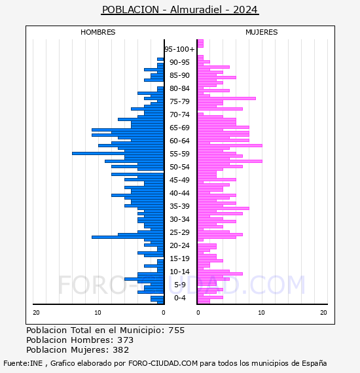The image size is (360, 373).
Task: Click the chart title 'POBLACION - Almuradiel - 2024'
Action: [179, 10]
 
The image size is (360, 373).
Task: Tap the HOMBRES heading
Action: [98, 32]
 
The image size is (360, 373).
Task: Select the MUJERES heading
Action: [262, 32]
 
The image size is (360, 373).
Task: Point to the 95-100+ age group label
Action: [179, 49]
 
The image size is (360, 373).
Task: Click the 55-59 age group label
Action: [179, 154]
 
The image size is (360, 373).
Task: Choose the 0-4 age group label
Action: [179, 298]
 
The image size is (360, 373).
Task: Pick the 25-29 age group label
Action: [179, 232]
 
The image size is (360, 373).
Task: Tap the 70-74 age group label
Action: [179, 115]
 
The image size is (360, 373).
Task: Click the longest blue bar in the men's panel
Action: [118, 153]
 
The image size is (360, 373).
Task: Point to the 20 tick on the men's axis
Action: [36, 313]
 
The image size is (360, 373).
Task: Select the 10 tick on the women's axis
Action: [261, 313]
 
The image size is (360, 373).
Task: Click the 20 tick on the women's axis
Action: [323, 313]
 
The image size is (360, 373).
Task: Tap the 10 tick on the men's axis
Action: [98, 313]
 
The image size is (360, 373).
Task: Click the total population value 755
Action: [176, 330]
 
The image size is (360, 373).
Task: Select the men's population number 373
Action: [126, 340]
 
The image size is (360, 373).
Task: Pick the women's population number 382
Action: [121, 350]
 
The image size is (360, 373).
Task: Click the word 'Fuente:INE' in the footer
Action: [23, 363]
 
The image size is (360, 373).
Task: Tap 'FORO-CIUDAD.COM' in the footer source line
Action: [163, 363]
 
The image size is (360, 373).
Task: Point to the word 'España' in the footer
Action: [314, 364]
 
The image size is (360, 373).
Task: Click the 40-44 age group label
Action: [179, 193]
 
